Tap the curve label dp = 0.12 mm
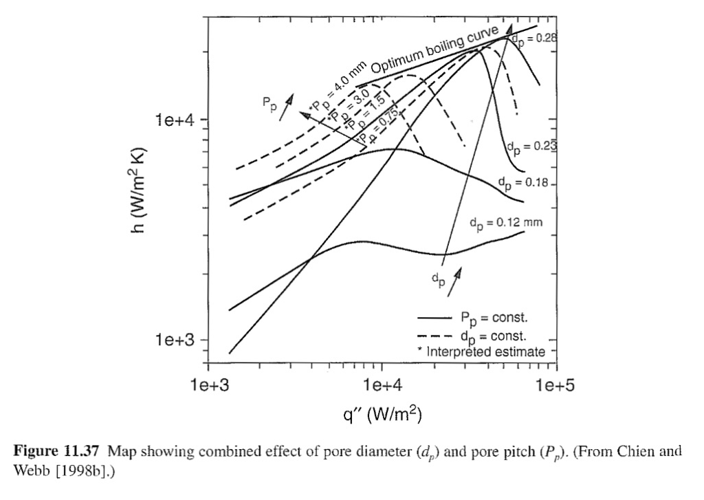click(506, 223)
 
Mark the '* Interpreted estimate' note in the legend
click(481, 351)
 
